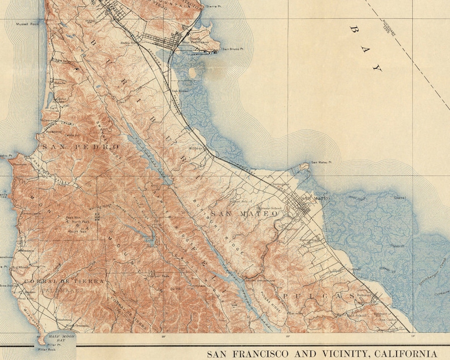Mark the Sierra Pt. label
click(x=213, y=6)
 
